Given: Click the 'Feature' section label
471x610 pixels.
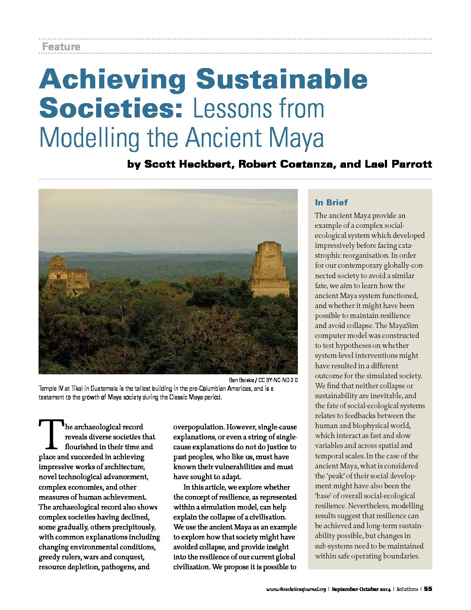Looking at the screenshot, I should (x=61, y=47).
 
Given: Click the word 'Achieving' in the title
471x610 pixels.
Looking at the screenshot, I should (x=113, y=80).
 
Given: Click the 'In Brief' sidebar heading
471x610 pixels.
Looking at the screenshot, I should (x=331, y=202).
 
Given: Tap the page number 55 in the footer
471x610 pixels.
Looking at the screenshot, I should (x=428, y=589).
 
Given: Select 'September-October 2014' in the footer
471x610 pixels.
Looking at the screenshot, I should (x=361, y=589).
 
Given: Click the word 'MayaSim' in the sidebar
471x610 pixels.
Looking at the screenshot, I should (x=403, y=325).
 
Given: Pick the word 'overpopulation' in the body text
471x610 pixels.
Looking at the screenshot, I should (x=198, y=427).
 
